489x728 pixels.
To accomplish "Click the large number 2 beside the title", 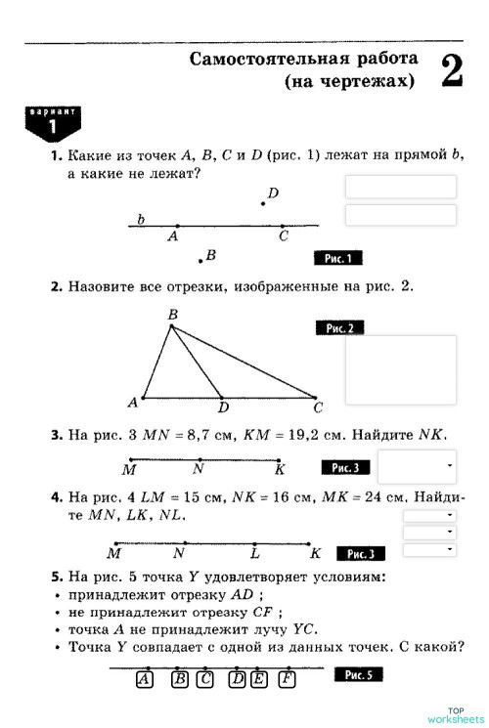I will [x=452, y=70].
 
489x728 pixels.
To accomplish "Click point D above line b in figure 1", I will [x=262, y=203].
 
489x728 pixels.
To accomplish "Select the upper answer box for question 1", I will [x=400, y=187].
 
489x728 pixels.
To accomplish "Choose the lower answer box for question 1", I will [x=400, y=215].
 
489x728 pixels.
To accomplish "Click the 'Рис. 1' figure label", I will [x=338, y=258].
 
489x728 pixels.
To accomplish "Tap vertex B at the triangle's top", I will [x=171, y=326].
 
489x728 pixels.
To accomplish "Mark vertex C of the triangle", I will [x=315, y=398].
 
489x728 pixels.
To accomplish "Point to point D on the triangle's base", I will [x=221, y=398].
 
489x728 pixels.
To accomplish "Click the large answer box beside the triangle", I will [x=400, y=369].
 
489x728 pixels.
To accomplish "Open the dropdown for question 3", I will [x=417, y=466].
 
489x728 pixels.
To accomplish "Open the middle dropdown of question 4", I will [x=429, y=532].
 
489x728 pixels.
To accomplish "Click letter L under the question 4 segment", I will [x=254, y=554].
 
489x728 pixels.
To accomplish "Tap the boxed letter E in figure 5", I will [x=259, y=679].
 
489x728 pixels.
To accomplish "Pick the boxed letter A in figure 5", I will [x=144, y=679].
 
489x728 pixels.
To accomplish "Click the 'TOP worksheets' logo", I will [x=455, y=714].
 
